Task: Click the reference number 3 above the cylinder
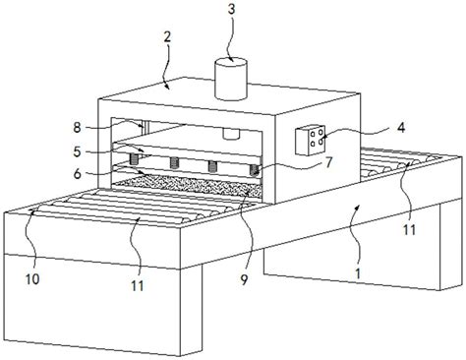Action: click(x=231, y=9)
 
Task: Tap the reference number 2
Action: click(x=167, y=37)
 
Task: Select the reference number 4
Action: click(x=401, y=127)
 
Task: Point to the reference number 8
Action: click(x=77, y=128)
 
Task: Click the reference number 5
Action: click(x=77, y=151)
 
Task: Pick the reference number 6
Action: click(x=77, y=174)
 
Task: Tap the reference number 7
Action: click(x=329, y=161)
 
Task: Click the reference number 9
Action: click(x=244, y=279)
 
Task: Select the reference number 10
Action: click(x=32, y=278)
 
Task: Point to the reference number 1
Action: click(x=358, y=273)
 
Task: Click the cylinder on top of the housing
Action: click(x=230, y=79)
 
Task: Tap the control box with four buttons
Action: click(x=311, y=140)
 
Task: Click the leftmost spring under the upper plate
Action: click(x=134, y=159)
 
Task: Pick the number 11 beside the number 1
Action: click(x=409, y=230)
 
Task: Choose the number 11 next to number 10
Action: click(x=138, y=286)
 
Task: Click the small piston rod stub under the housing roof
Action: click(x=231, y=134)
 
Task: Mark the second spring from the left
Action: click(x=174, y=162)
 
